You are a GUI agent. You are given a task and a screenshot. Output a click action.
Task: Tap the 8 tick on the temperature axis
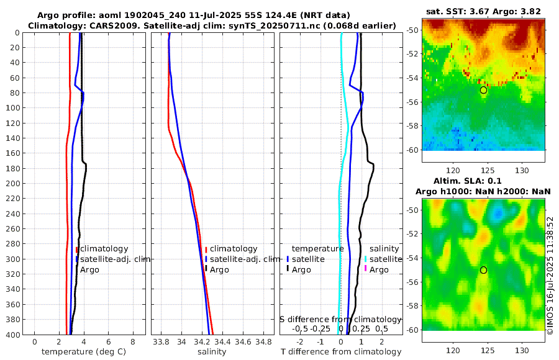[133, 341]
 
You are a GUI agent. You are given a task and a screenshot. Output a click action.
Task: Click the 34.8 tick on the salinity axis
[263, 341]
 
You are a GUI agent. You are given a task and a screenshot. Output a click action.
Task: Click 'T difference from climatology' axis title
[341, 352]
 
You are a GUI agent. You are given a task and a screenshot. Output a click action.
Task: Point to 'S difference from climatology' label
[340, 319]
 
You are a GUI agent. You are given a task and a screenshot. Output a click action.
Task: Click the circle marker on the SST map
[483, 90]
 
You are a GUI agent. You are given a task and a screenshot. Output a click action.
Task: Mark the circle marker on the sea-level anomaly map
[483, 270]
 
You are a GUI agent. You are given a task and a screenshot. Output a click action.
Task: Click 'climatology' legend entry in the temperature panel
[104, 248]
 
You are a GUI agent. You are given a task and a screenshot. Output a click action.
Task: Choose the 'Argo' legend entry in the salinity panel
[219, 269]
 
